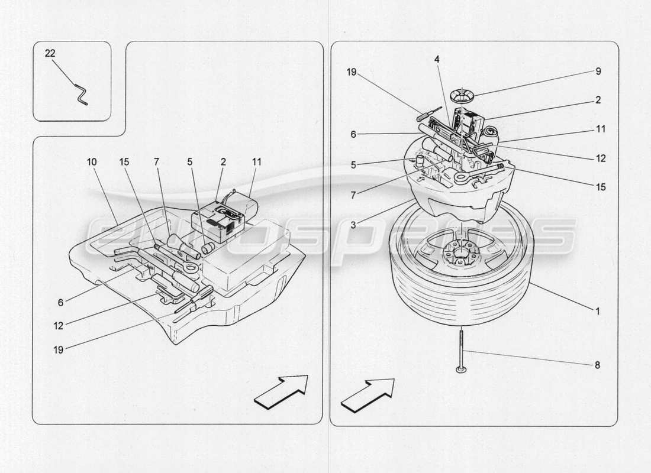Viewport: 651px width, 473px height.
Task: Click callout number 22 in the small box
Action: (50, 53)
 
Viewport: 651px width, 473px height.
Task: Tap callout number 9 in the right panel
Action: (598, 72)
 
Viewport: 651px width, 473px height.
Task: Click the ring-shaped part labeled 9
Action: (463, 94)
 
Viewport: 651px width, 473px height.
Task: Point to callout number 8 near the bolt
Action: (598, 365)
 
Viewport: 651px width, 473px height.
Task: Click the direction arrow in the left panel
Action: (282, 392)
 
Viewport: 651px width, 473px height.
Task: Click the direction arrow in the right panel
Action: (368, 394)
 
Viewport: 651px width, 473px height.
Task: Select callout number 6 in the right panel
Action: (353, 135)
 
